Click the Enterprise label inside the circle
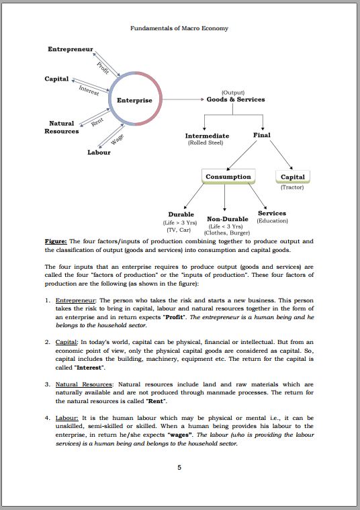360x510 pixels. (x=134, y=100)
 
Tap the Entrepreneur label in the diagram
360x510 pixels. (x=70, y=50)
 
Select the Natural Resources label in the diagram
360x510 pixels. (x=62, y=127)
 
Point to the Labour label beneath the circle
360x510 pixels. (x=99, y=152)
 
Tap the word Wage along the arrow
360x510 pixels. (x=117, y=140)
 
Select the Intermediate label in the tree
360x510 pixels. (x=207, y=136)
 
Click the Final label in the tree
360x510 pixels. (x=261, y=135)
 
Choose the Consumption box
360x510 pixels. (x=228, y=177)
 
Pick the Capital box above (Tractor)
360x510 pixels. (x=292, y=177)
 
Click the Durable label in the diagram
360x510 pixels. (x=181, y=214)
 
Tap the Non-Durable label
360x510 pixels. (x=228, y=219)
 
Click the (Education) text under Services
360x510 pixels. (x=272, y=220)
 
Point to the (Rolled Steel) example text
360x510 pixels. (x=206, y=142)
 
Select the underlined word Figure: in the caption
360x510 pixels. (x=55, y=241)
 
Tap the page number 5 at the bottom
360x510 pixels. (x=179, y=468)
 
